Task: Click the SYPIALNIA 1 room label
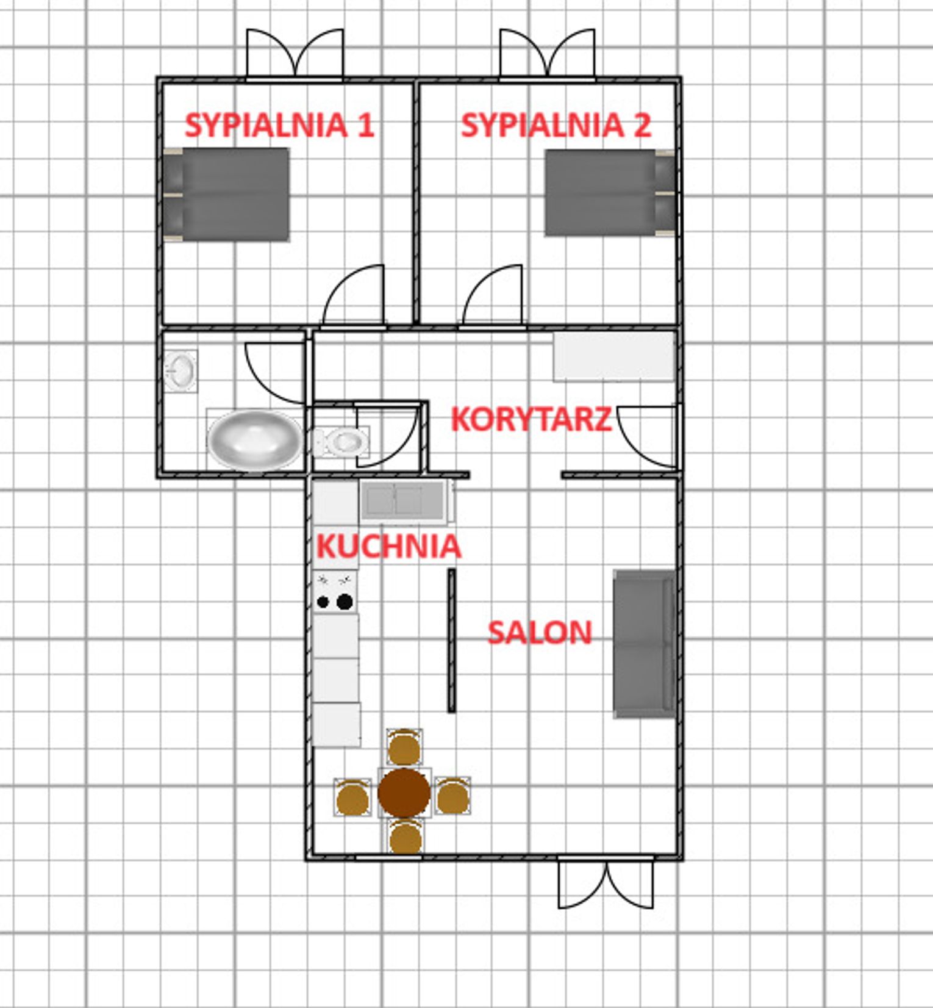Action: [x=279, y=125]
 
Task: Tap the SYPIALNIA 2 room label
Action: [x=556, y=125]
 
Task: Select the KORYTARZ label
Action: [x=531, y=419]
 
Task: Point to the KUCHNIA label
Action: [x=388, y=546]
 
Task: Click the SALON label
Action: [x=540, y=633]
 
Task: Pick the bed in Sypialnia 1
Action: [x=226, y=194]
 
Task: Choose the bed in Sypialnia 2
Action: [x=610, y=193]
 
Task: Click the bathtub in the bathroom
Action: [x=255, y=440]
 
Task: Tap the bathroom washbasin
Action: [x=181, y=370]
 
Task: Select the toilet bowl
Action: [x=341, y=441]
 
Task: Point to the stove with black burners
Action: [x=335, y=592]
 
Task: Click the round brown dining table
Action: [x=404, y=793]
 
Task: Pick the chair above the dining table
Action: [x=404, y=747]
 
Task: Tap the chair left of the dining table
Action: [x=352, y=797]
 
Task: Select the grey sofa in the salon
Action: [x=644, y=644]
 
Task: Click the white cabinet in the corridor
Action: [x=614, y=356]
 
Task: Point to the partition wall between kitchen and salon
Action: [x=452, y=641]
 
